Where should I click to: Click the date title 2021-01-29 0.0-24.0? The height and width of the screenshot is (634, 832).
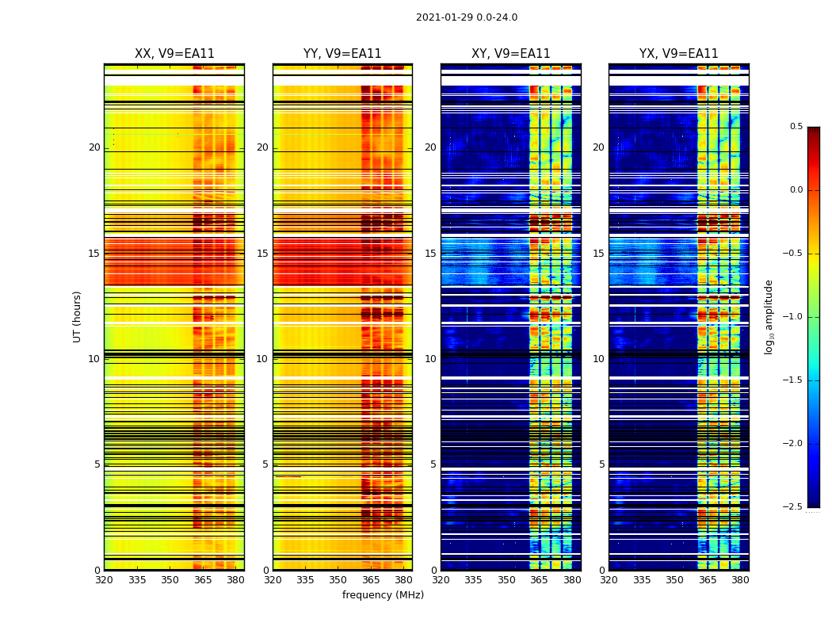(466, 17)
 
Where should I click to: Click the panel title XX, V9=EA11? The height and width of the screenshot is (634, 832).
(174, 54)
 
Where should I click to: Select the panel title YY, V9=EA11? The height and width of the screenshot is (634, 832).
(342, 54)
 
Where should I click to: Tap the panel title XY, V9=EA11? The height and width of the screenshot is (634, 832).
(510, 54)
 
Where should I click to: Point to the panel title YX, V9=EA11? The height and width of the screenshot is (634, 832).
(678, 54)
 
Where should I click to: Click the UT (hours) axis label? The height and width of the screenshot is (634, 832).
(77, 316)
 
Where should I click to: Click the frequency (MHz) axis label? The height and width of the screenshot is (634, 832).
(383, 595)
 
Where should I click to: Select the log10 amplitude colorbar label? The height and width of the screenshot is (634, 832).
(769, 316)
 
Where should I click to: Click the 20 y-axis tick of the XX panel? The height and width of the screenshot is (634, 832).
(94, 147)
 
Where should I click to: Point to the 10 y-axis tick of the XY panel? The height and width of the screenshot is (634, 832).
(430, 359)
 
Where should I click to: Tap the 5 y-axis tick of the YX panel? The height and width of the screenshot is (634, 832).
(602, 464)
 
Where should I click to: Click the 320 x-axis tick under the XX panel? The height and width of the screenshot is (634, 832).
(104, 580)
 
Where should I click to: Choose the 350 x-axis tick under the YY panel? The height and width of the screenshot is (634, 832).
(338, 580)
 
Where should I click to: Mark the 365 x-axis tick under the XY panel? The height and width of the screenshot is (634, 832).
(539, 580)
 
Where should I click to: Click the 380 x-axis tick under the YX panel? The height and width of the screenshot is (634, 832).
(740, 580)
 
